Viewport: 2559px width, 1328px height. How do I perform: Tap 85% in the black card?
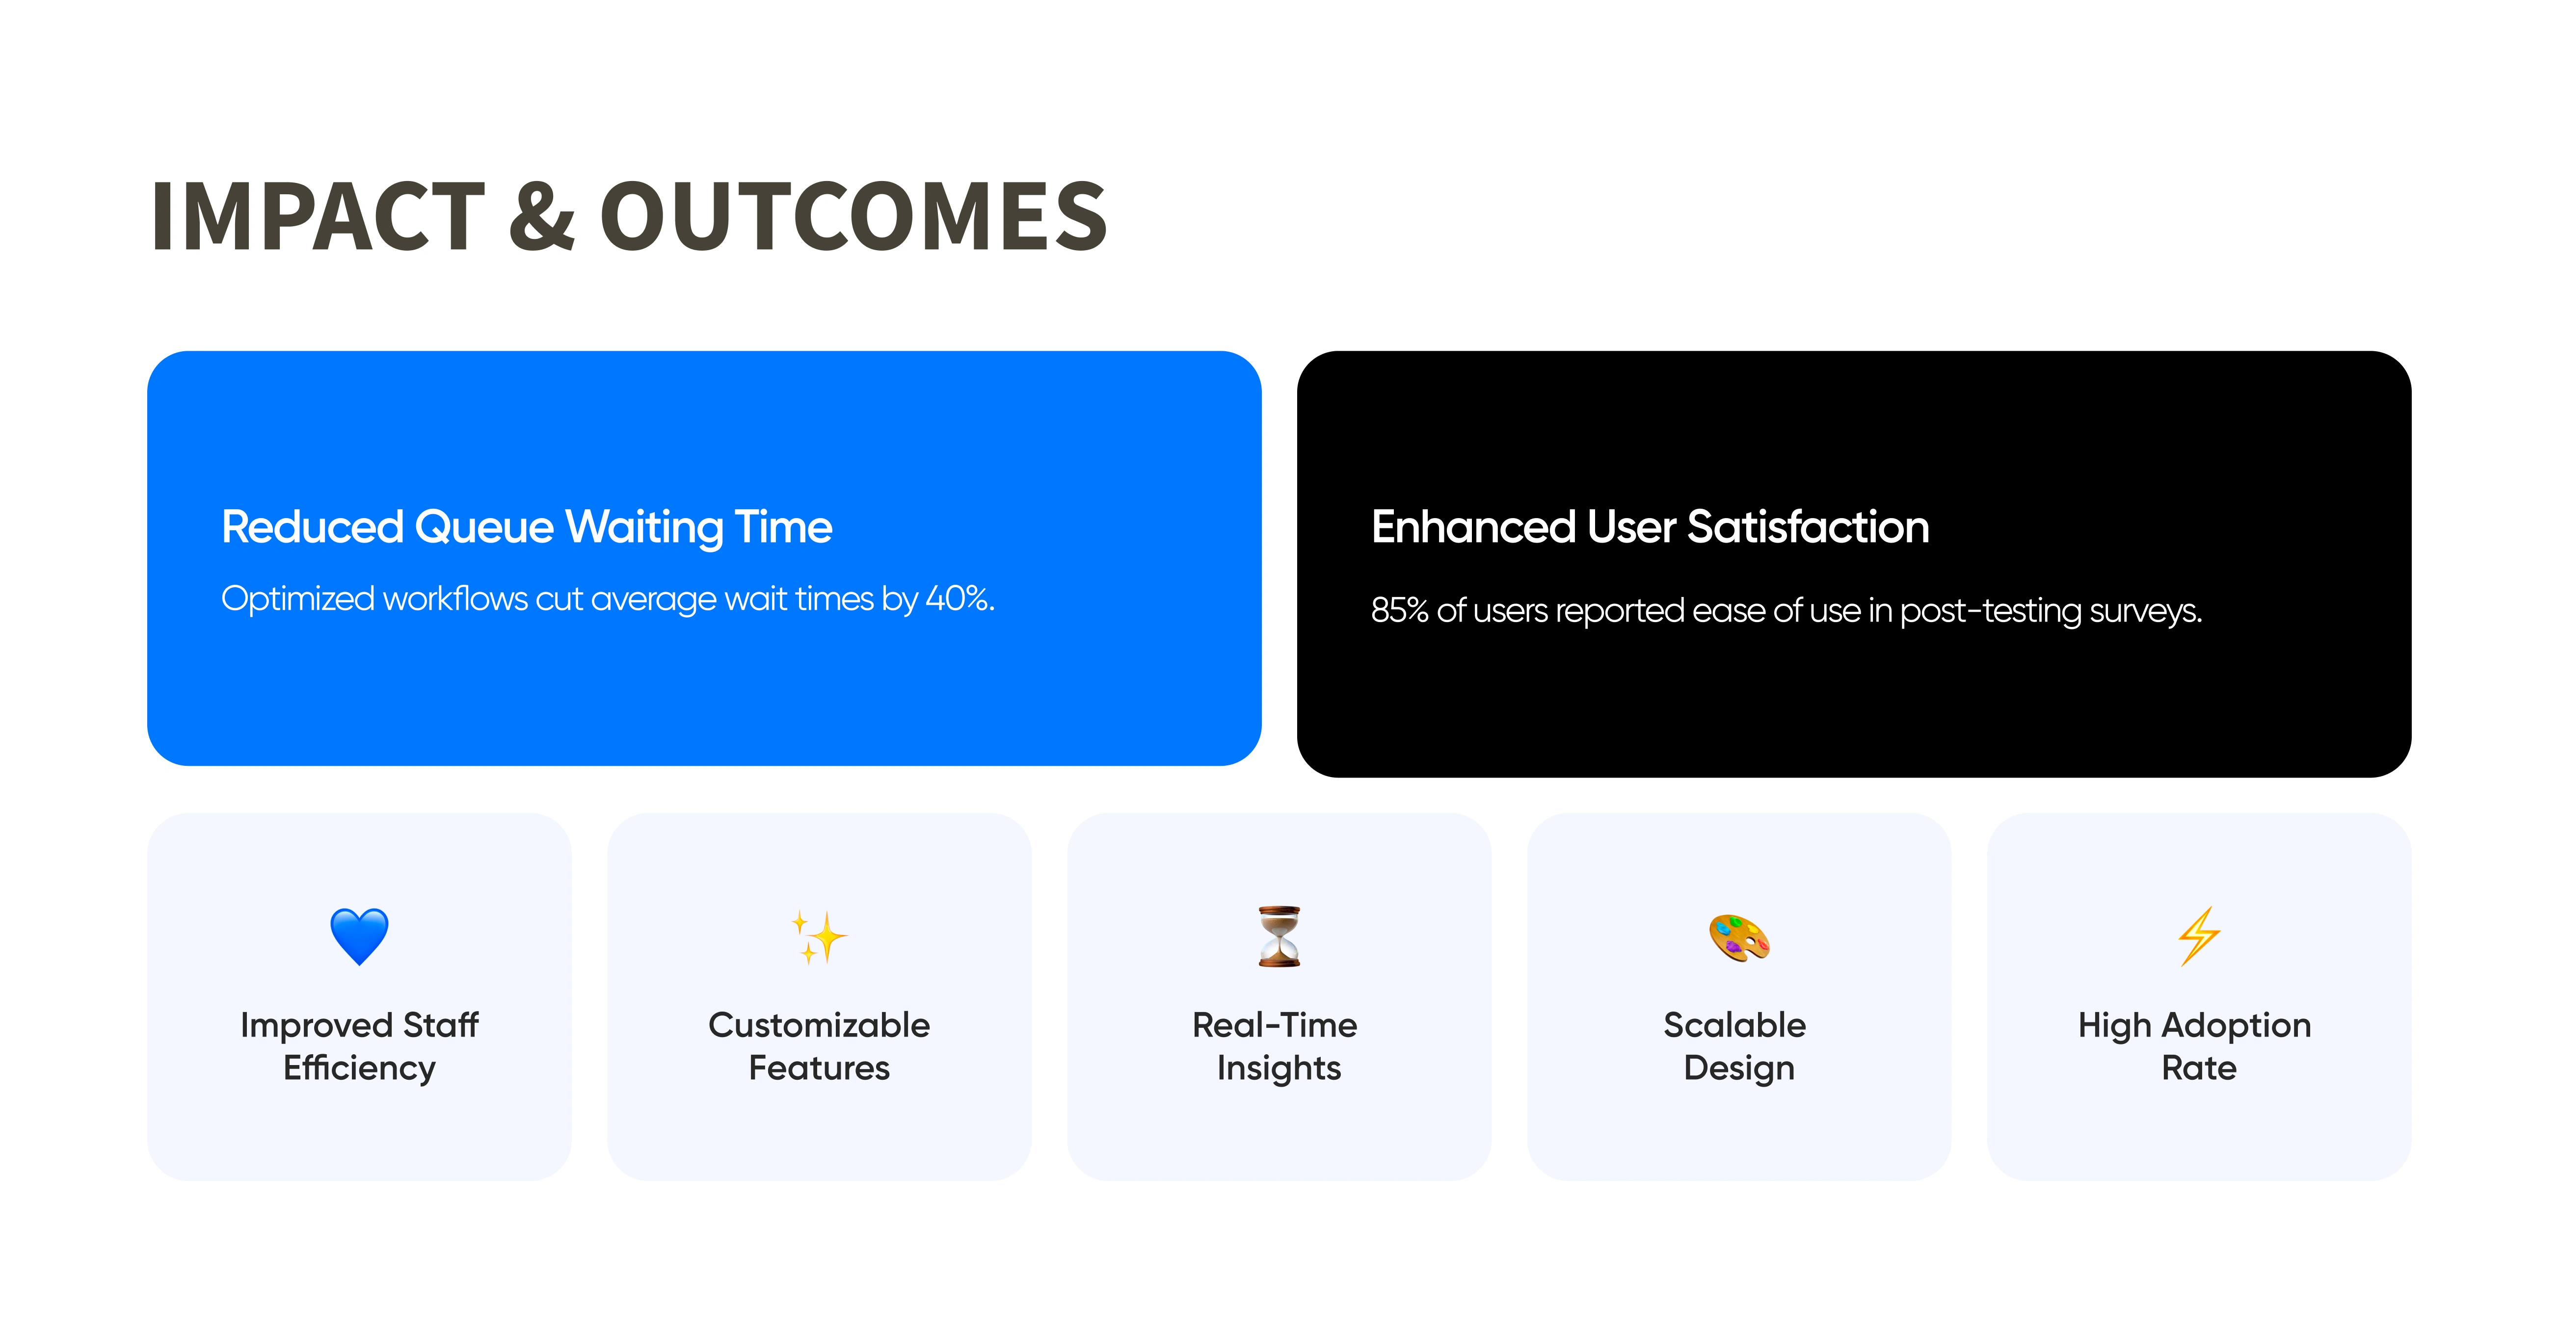coord(1400,610)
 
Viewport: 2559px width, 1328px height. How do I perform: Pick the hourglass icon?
coord(1279,936)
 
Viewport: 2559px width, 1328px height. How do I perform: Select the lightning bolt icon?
coord(2199,936)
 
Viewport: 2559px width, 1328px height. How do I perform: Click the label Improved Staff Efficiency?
coord(360,1046)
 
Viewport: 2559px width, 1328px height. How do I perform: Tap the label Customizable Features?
coord(820,1046)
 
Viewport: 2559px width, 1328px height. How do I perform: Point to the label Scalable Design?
coord(1736,1046)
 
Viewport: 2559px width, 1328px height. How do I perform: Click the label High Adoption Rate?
coord(2195,1046)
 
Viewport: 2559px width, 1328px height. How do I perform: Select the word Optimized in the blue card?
coord(298,599)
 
